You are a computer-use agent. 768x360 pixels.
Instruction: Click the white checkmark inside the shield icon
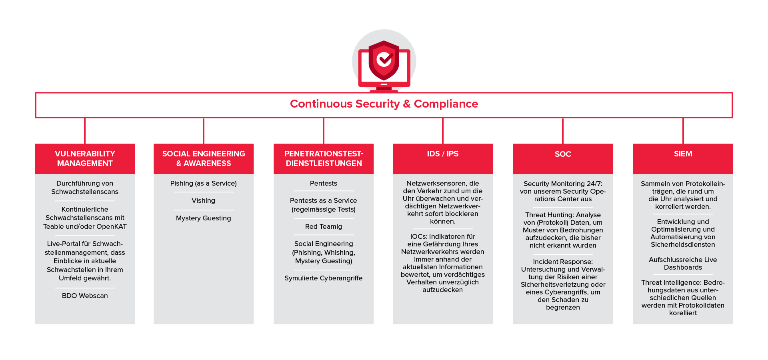coord(385,60)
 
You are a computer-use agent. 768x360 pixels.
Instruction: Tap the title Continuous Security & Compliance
coord(384,104)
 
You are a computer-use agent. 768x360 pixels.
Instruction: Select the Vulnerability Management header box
coord(85,159)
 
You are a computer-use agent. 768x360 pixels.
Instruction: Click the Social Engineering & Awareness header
coord(204,159)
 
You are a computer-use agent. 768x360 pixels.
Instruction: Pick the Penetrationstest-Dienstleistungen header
coord(324,159)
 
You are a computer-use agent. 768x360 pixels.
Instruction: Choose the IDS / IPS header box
coord(443,159)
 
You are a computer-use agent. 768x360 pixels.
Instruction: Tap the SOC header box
coord(563,159)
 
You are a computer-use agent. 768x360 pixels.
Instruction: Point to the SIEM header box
coord(683,159)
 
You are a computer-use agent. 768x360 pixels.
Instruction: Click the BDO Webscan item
coord(85,296)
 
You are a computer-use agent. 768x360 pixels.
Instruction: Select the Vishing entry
coord(203,200)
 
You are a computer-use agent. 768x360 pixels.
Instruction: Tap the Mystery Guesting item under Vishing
coord(203,218)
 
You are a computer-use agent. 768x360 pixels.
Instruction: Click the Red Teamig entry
coord(324,226)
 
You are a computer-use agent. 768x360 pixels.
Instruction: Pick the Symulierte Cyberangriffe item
coord(324,278)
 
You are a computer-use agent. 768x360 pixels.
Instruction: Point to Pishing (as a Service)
coord(203,183)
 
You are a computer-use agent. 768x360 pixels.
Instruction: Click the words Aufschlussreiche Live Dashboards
coord(683,264)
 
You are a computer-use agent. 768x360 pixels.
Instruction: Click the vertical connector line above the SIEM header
coord(683,131)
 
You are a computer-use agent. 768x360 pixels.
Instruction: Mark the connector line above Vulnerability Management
coord(85,131)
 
